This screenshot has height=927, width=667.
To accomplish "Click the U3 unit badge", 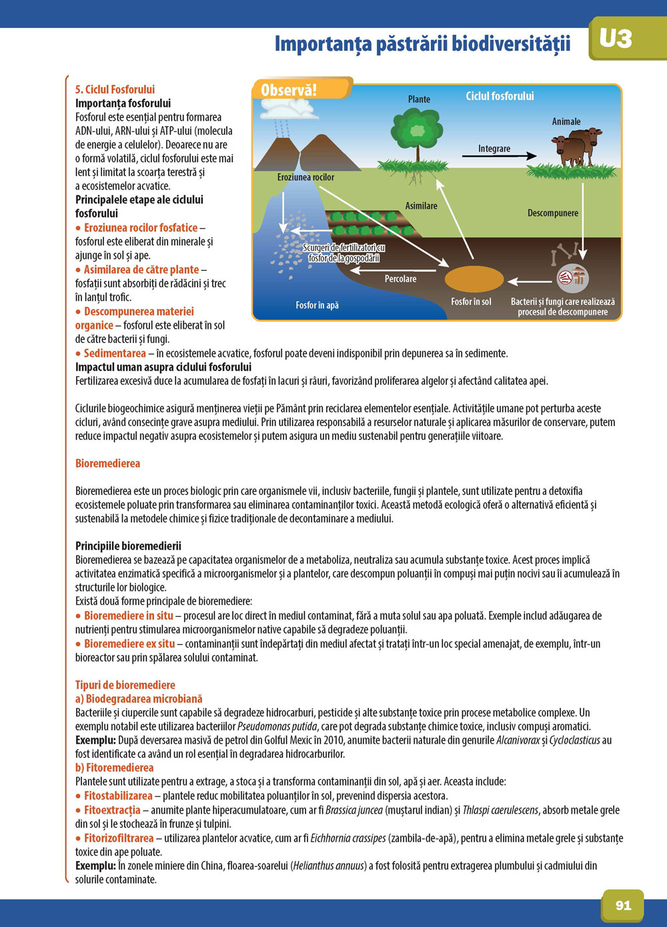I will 615,39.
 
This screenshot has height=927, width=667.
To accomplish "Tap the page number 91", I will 623,905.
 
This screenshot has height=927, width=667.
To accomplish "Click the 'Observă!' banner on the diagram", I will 289,90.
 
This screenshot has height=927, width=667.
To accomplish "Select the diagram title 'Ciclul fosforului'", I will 500,96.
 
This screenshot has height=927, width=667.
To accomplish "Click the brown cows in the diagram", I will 576,147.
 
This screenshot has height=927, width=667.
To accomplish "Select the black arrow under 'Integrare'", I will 499,156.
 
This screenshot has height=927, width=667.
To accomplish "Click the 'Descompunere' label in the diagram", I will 553,213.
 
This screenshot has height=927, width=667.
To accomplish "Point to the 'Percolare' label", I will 400,279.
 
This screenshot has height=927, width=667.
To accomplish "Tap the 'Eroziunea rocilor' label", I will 305,177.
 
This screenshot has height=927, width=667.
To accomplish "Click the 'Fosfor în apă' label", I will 317,305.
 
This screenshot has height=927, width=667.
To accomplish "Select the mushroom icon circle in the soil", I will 572,277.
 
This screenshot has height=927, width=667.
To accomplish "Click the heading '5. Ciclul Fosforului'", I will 115,89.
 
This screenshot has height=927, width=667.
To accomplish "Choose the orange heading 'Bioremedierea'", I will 107,463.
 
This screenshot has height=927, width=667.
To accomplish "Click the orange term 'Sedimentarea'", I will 115,353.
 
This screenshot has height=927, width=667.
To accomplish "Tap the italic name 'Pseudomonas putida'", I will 277,726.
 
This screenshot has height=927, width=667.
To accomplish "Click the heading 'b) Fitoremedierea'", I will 114,768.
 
